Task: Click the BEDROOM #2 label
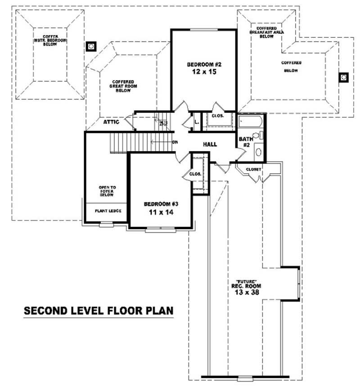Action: [x=204, y=64]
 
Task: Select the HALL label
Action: [x=210, y=144]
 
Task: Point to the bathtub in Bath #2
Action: [x=251, y=121]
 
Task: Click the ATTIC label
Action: [x=111, y=121]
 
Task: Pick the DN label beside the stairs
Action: [x=175, y=143]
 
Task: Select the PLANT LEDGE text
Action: [x=107, y=211]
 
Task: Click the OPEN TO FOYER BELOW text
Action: [x=107, y=191]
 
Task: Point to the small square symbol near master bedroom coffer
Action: [x=91, y=46]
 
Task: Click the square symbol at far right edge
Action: [x=343, y=77]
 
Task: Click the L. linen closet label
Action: [x=197, y=121]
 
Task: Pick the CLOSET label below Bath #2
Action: [x=254, y=169]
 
